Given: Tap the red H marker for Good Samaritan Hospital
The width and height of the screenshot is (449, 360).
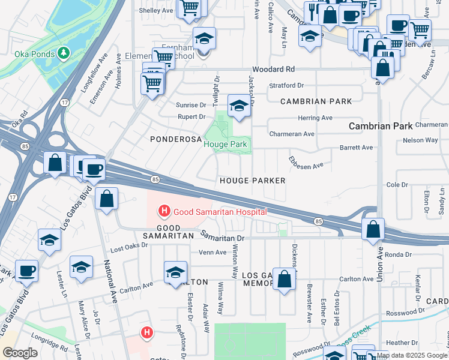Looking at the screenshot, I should [x=162, y=211].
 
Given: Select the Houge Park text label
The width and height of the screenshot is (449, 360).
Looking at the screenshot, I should [x=225, y=145].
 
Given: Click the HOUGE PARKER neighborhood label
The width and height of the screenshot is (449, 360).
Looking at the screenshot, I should [x=252, y=181].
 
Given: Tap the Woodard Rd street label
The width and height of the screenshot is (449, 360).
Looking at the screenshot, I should [x=273, y=70].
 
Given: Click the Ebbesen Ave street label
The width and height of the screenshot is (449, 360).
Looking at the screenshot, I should [x=306, y=163].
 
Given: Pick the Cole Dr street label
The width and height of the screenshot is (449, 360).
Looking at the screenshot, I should [x=397, y=185].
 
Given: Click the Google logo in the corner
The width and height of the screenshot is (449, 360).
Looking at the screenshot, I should [x=20, y=353].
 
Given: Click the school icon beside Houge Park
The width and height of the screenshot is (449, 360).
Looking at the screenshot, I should [x=239, y=107].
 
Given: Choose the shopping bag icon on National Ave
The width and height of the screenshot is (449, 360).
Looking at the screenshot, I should [x=106, y=200].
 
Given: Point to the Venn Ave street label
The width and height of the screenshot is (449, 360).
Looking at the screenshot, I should [x=212, y=253].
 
